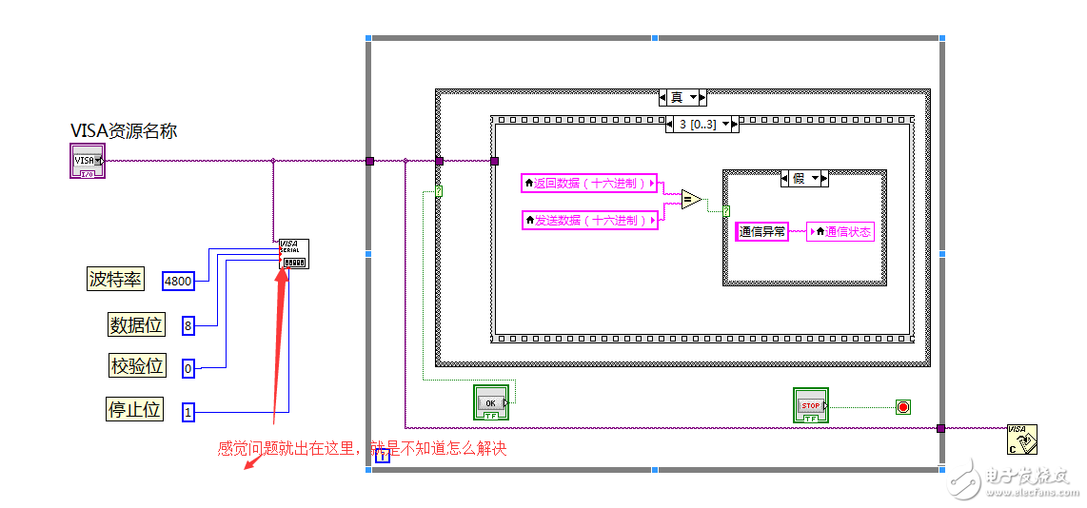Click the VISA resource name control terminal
(87, 161)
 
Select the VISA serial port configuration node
(293, 254)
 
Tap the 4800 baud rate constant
(178, 280)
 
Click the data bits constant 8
(188, 325)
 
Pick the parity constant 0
(188, 367)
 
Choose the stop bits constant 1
(188, 412)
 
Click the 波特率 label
(115, 279)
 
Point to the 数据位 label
(136, 325)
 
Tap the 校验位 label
(137, 365)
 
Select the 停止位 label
(133, 410)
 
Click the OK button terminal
(491, 402)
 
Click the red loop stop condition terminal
(903, 407)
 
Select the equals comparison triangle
(691, 200)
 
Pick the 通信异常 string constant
(762, 231)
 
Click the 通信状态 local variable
(840, 231)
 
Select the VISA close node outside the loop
(1021, 439)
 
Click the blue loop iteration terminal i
(383, 456)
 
